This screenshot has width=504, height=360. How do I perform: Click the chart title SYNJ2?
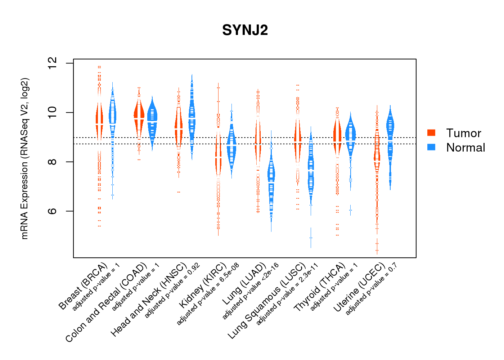pos(245,30)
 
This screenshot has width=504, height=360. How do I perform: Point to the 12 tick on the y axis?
pos(53,63)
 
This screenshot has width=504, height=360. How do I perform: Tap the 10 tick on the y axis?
pos(53,113)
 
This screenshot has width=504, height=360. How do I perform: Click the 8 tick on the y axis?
pos(53,162)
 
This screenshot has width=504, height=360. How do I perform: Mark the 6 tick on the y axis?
pos(53,211)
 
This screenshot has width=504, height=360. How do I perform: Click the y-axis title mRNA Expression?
pos(24,158)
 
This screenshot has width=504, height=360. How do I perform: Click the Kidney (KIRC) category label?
pos(203,286)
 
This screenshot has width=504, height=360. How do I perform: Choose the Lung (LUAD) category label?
pos(244,284)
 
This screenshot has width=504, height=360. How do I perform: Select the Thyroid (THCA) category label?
pos(320,287)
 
